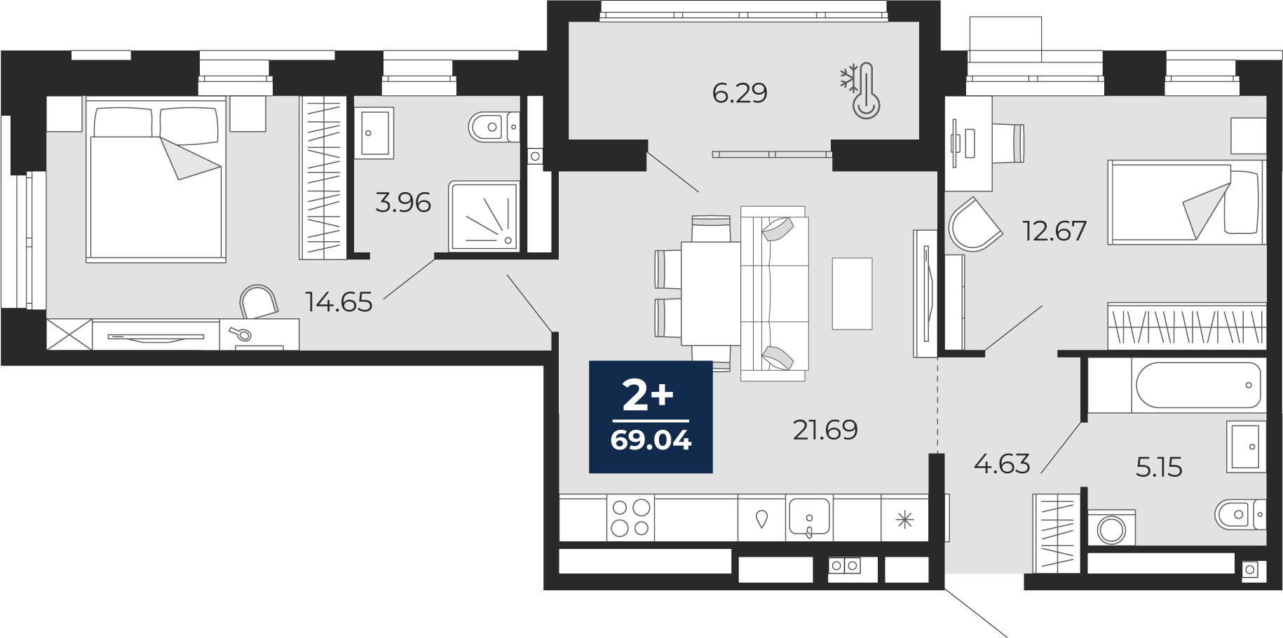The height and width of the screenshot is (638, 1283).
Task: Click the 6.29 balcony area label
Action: tap(740, 93)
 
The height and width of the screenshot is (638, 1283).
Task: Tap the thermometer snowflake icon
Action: tap(861, 90)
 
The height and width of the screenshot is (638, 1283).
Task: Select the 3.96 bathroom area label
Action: tap(403, 203)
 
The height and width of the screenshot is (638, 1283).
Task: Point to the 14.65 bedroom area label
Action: tap(339, 302)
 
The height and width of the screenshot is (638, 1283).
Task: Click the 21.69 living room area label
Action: tap(825, 430)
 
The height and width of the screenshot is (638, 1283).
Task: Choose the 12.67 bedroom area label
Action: tap(1054, 231)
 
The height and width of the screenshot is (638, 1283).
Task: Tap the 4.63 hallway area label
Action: tap(1002, 463)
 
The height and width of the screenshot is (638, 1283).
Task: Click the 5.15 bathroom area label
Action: tap(1159, 467)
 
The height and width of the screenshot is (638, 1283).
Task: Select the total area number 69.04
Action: tap(651, 440)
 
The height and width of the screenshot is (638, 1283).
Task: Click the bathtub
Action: tap(1198, 385)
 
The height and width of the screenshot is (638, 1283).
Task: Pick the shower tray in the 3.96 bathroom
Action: tap(484, 216)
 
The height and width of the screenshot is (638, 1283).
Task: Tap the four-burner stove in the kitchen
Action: tap(630, 518)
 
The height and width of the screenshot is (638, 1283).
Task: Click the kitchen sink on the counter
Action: tap(809, 517)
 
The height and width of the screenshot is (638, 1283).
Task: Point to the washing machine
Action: tap(1111, 528)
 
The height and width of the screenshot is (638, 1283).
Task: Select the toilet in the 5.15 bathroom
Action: tap(1240, 515)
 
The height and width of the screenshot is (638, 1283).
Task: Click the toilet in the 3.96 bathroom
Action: tap(494, 127)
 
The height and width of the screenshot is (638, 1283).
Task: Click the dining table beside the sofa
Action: tap(711, 293)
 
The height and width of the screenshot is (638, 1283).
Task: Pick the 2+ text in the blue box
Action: tap(648, 395)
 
